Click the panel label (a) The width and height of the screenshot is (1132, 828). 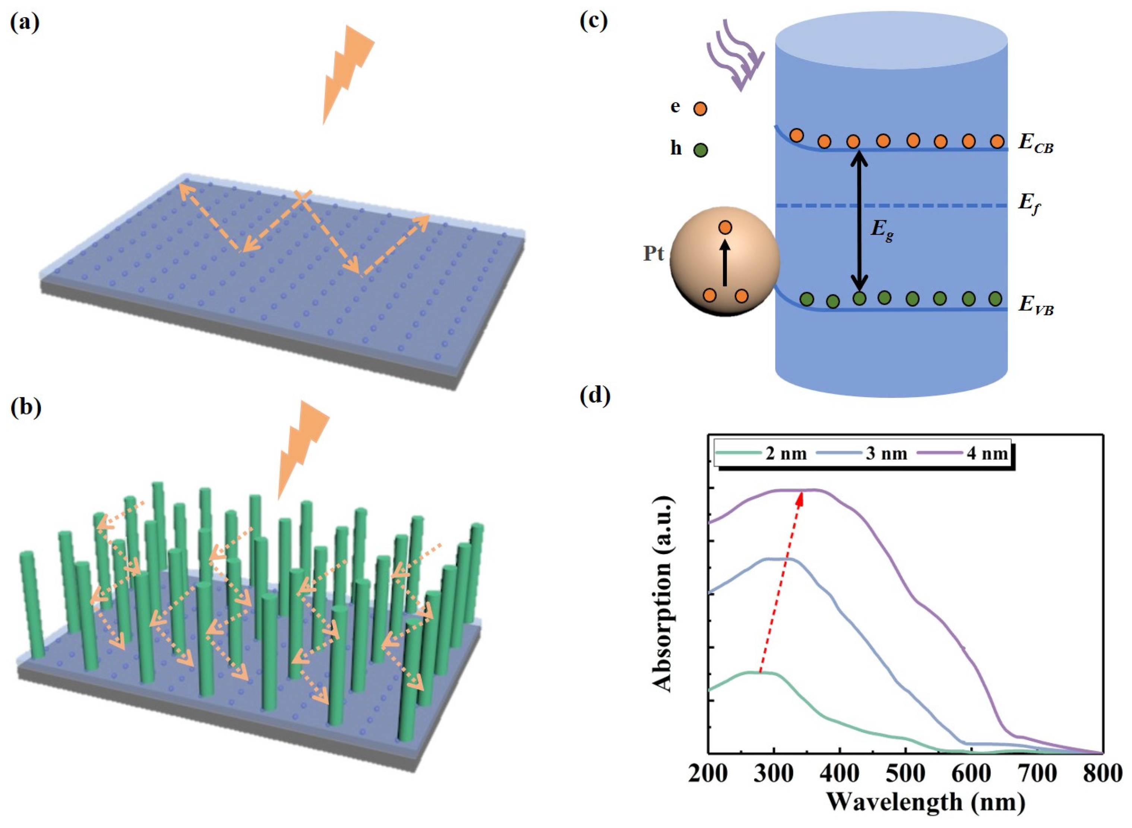pos(25,23)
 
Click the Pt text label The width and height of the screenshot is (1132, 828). pos(654,254)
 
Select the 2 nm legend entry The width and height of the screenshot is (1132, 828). pos(762,453)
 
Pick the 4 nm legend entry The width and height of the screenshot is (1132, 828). pos(962,453)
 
